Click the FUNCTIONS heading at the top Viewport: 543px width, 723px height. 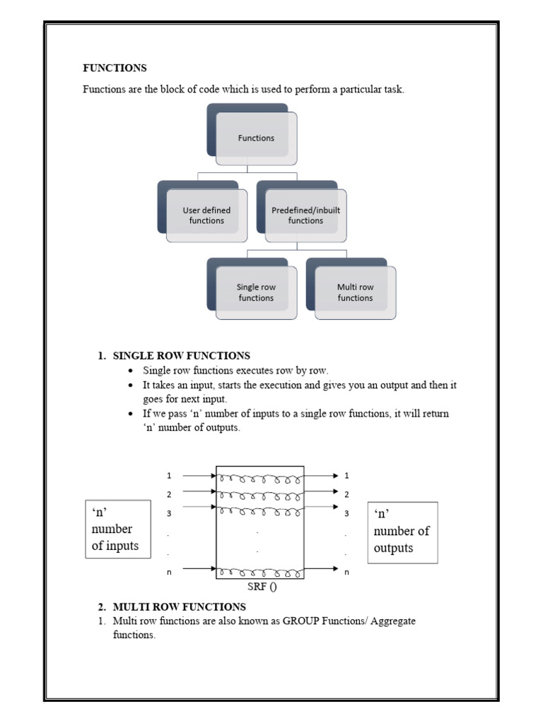pos(115,68)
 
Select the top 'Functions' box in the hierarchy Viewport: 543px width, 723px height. pos(256,138)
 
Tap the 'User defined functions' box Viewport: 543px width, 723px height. pos(206,215)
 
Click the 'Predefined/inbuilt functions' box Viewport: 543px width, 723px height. pos(305,215)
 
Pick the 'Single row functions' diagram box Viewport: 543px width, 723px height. pos(256,292)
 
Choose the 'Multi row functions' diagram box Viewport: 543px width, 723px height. pos(355,292)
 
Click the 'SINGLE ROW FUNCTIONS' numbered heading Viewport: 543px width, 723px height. pos(181,356)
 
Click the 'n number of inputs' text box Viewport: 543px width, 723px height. pos(117,529)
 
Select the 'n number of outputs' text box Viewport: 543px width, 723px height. pos(402,532)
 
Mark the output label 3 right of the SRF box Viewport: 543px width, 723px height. pos(346,513)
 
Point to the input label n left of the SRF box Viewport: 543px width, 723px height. pos(169,572)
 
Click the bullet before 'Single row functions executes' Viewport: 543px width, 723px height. pos(132,371)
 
